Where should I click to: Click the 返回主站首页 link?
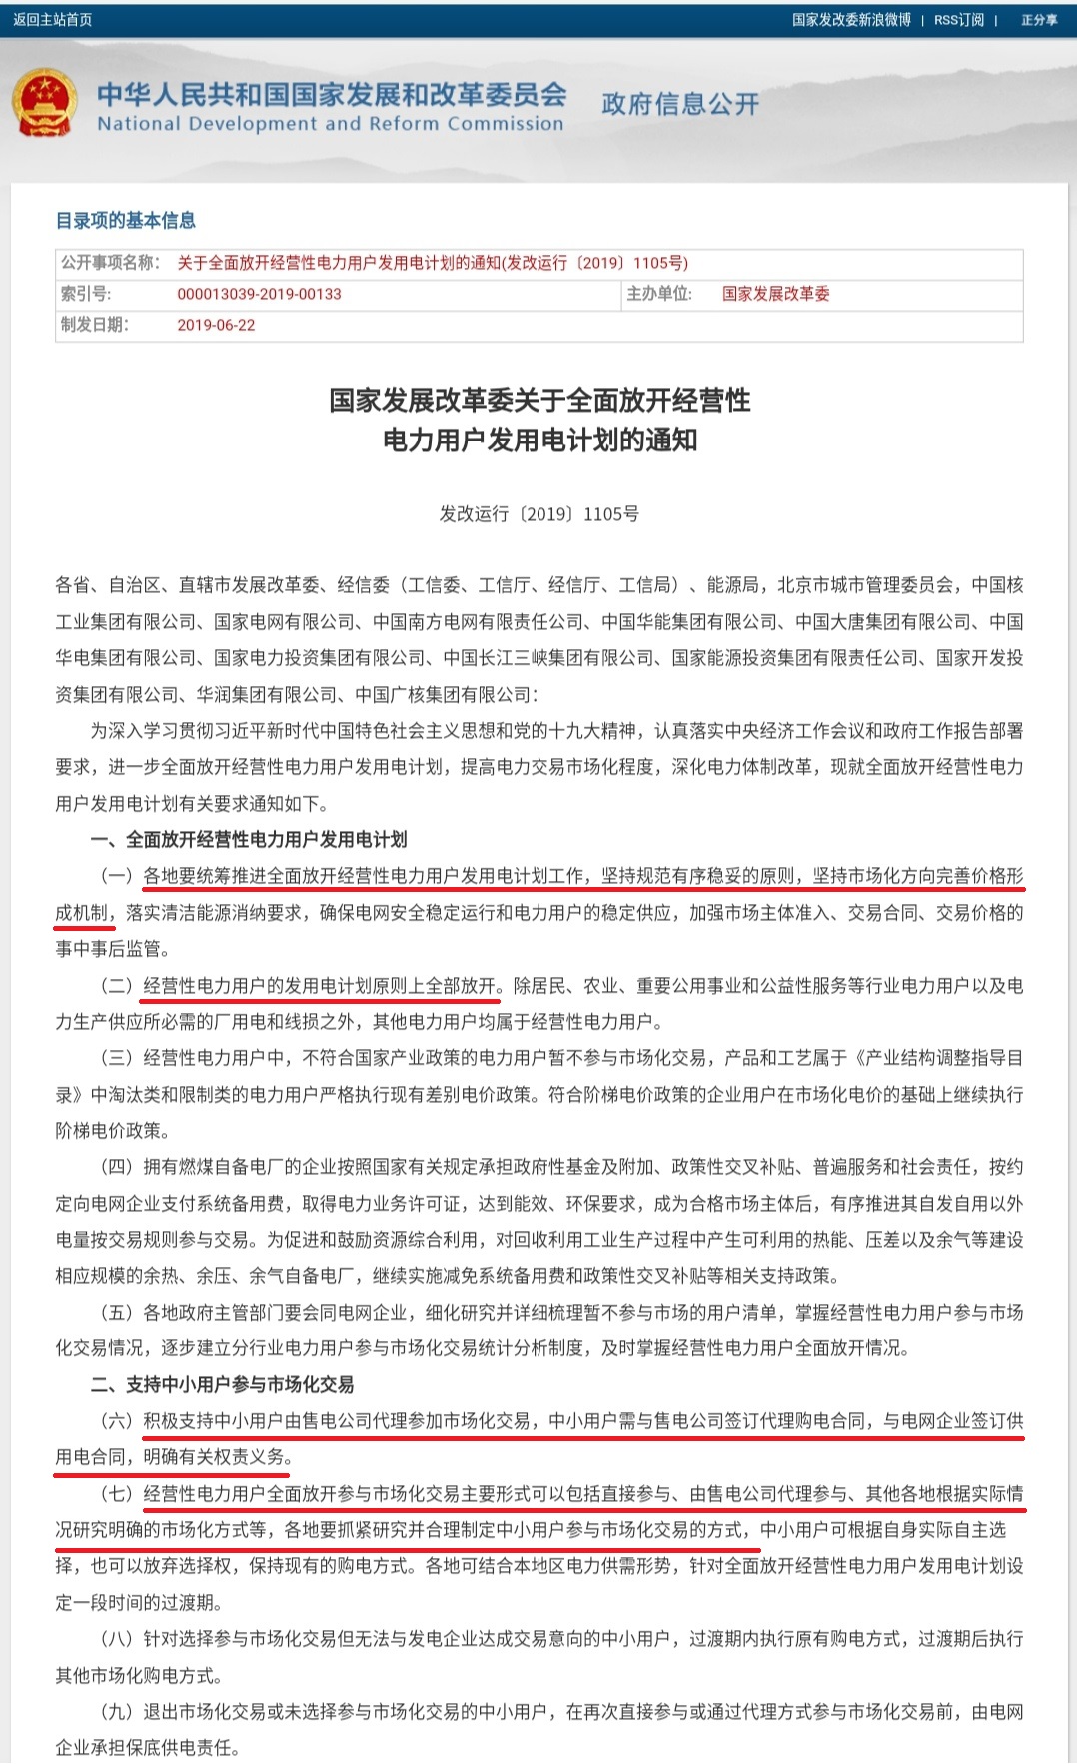click(52, 20)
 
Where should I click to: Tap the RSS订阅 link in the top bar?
click(958, 20)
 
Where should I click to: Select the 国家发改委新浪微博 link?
click(851, 20)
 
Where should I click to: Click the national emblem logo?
click(44, 104)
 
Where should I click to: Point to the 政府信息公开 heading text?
click(680, 104)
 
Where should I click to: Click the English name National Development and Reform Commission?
click(330, 124)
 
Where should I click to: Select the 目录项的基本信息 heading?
click(126, 221)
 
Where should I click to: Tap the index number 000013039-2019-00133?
click(259, 294)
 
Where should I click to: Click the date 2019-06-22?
click(216, 325)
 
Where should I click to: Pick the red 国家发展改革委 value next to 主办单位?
click(776, 294)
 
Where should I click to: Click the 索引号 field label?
click(86, 294)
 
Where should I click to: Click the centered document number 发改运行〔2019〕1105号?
click(538, 514)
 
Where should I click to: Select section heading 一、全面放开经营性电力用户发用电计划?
click(249, 840)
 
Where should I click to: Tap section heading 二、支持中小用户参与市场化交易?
click(222, 1385)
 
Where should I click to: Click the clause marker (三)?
click(116, 1058)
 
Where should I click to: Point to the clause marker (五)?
click(116, 1313)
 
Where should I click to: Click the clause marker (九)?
click(116, 1712)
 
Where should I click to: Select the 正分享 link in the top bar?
click(1039, 20)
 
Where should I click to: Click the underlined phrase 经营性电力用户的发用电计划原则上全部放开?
click(320, 986)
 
